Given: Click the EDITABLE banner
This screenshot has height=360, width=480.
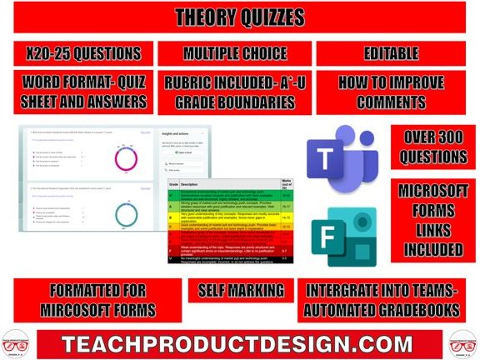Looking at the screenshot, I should coord(391,53).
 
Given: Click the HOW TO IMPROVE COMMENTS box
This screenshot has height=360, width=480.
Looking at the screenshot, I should coord(391,92).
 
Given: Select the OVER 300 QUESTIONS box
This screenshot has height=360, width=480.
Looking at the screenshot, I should coord(432,147).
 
